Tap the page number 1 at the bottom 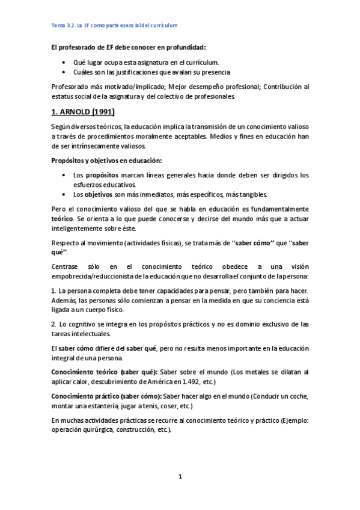pos(180,477)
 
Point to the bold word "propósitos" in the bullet pos(101,175)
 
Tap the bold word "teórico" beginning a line pos(62,218)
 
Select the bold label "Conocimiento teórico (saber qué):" pos(105,372)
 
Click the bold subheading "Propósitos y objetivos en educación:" pos(107,161)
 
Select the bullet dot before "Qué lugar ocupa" pos(64,62)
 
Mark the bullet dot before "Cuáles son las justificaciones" pos(64,72)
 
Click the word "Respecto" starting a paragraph pos(66,242)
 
